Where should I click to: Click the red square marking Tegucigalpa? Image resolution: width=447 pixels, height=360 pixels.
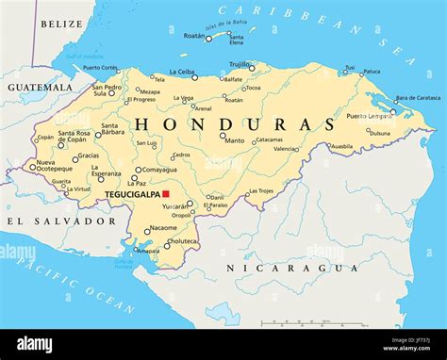tap(166, 193)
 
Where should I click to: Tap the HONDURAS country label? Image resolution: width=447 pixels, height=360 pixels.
tap(236, 124)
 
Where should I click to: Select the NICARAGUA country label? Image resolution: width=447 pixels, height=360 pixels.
tap(292, 269)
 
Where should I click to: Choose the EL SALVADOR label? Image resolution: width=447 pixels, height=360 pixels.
tap(60, 221)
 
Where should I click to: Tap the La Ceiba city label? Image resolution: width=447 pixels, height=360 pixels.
tap(183, 72)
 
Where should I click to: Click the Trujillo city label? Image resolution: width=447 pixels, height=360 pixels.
tap(240, 64)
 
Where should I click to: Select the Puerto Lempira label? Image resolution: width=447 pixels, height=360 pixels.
tap(367, 116)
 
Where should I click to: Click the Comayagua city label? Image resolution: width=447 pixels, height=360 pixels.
tap(160, 170)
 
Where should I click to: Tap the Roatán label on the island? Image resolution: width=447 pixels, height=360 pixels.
tap(193, 36)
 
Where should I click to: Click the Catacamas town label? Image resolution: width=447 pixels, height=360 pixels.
tap(269, 139)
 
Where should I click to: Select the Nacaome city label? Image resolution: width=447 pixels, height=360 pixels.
tap(164, 228)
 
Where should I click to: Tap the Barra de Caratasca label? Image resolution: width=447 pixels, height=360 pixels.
tap(417, 98)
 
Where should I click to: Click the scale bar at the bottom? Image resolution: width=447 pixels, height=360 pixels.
tap(302, 323)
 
